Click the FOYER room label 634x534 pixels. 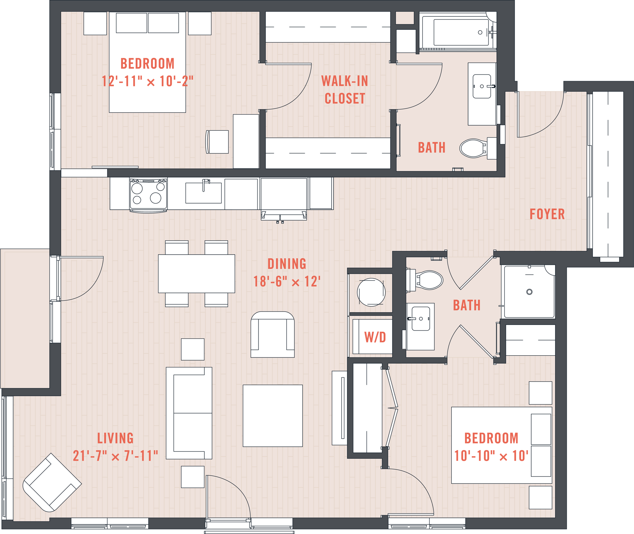coord(547,214)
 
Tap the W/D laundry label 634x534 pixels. coord(375,337)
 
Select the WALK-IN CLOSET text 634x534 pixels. coord(345,90)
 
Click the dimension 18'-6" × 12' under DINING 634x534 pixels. coord(287,282)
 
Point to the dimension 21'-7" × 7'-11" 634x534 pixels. coord(115,456)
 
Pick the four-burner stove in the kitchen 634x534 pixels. coord(149,194)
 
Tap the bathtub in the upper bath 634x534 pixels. coord(461,32)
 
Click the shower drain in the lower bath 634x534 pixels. coord(529,292)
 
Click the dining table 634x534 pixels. coord(196,274)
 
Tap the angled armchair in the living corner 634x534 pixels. coord(52,483)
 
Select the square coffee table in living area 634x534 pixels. coord(272,416)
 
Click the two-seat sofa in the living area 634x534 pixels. coord(189,413)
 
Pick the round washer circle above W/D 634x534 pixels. coord(371,292)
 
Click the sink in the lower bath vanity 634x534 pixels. coord(421,319)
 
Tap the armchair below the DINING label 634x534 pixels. coord(272,335)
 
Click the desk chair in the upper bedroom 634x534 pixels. coord(217,142)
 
